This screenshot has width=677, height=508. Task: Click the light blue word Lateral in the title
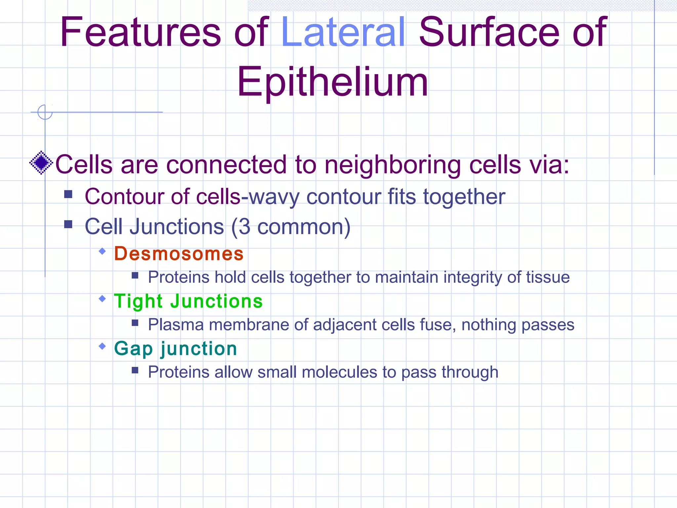(343, 32)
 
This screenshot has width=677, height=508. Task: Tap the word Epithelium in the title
(333, 82)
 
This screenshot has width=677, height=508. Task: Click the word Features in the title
(140, 32)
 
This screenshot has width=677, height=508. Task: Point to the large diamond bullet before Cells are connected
(41, 163)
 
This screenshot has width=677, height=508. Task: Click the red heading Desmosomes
(179, 254)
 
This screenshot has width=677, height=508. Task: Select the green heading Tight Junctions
(188, 301)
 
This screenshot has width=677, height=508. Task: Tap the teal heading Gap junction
(176, 349)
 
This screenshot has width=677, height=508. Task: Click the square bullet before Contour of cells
(68, 194)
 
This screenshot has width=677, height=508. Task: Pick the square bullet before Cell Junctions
(68, 225)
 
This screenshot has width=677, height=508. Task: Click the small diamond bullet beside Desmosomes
(102, 251)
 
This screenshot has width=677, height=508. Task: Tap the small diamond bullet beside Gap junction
(102, 346)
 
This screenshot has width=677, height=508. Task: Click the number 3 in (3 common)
(244, 227)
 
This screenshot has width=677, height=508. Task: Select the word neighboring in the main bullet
(393, 165)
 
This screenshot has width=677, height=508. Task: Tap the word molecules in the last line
(339, 372)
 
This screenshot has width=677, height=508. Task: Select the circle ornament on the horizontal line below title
(45, 112)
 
